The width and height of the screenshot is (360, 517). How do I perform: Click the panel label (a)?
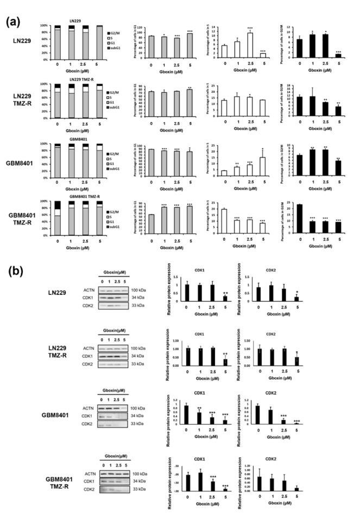[x=14, y=22]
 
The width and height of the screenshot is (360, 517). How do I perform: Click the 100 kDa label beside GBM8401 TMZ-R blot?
[x=138, y=474]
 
